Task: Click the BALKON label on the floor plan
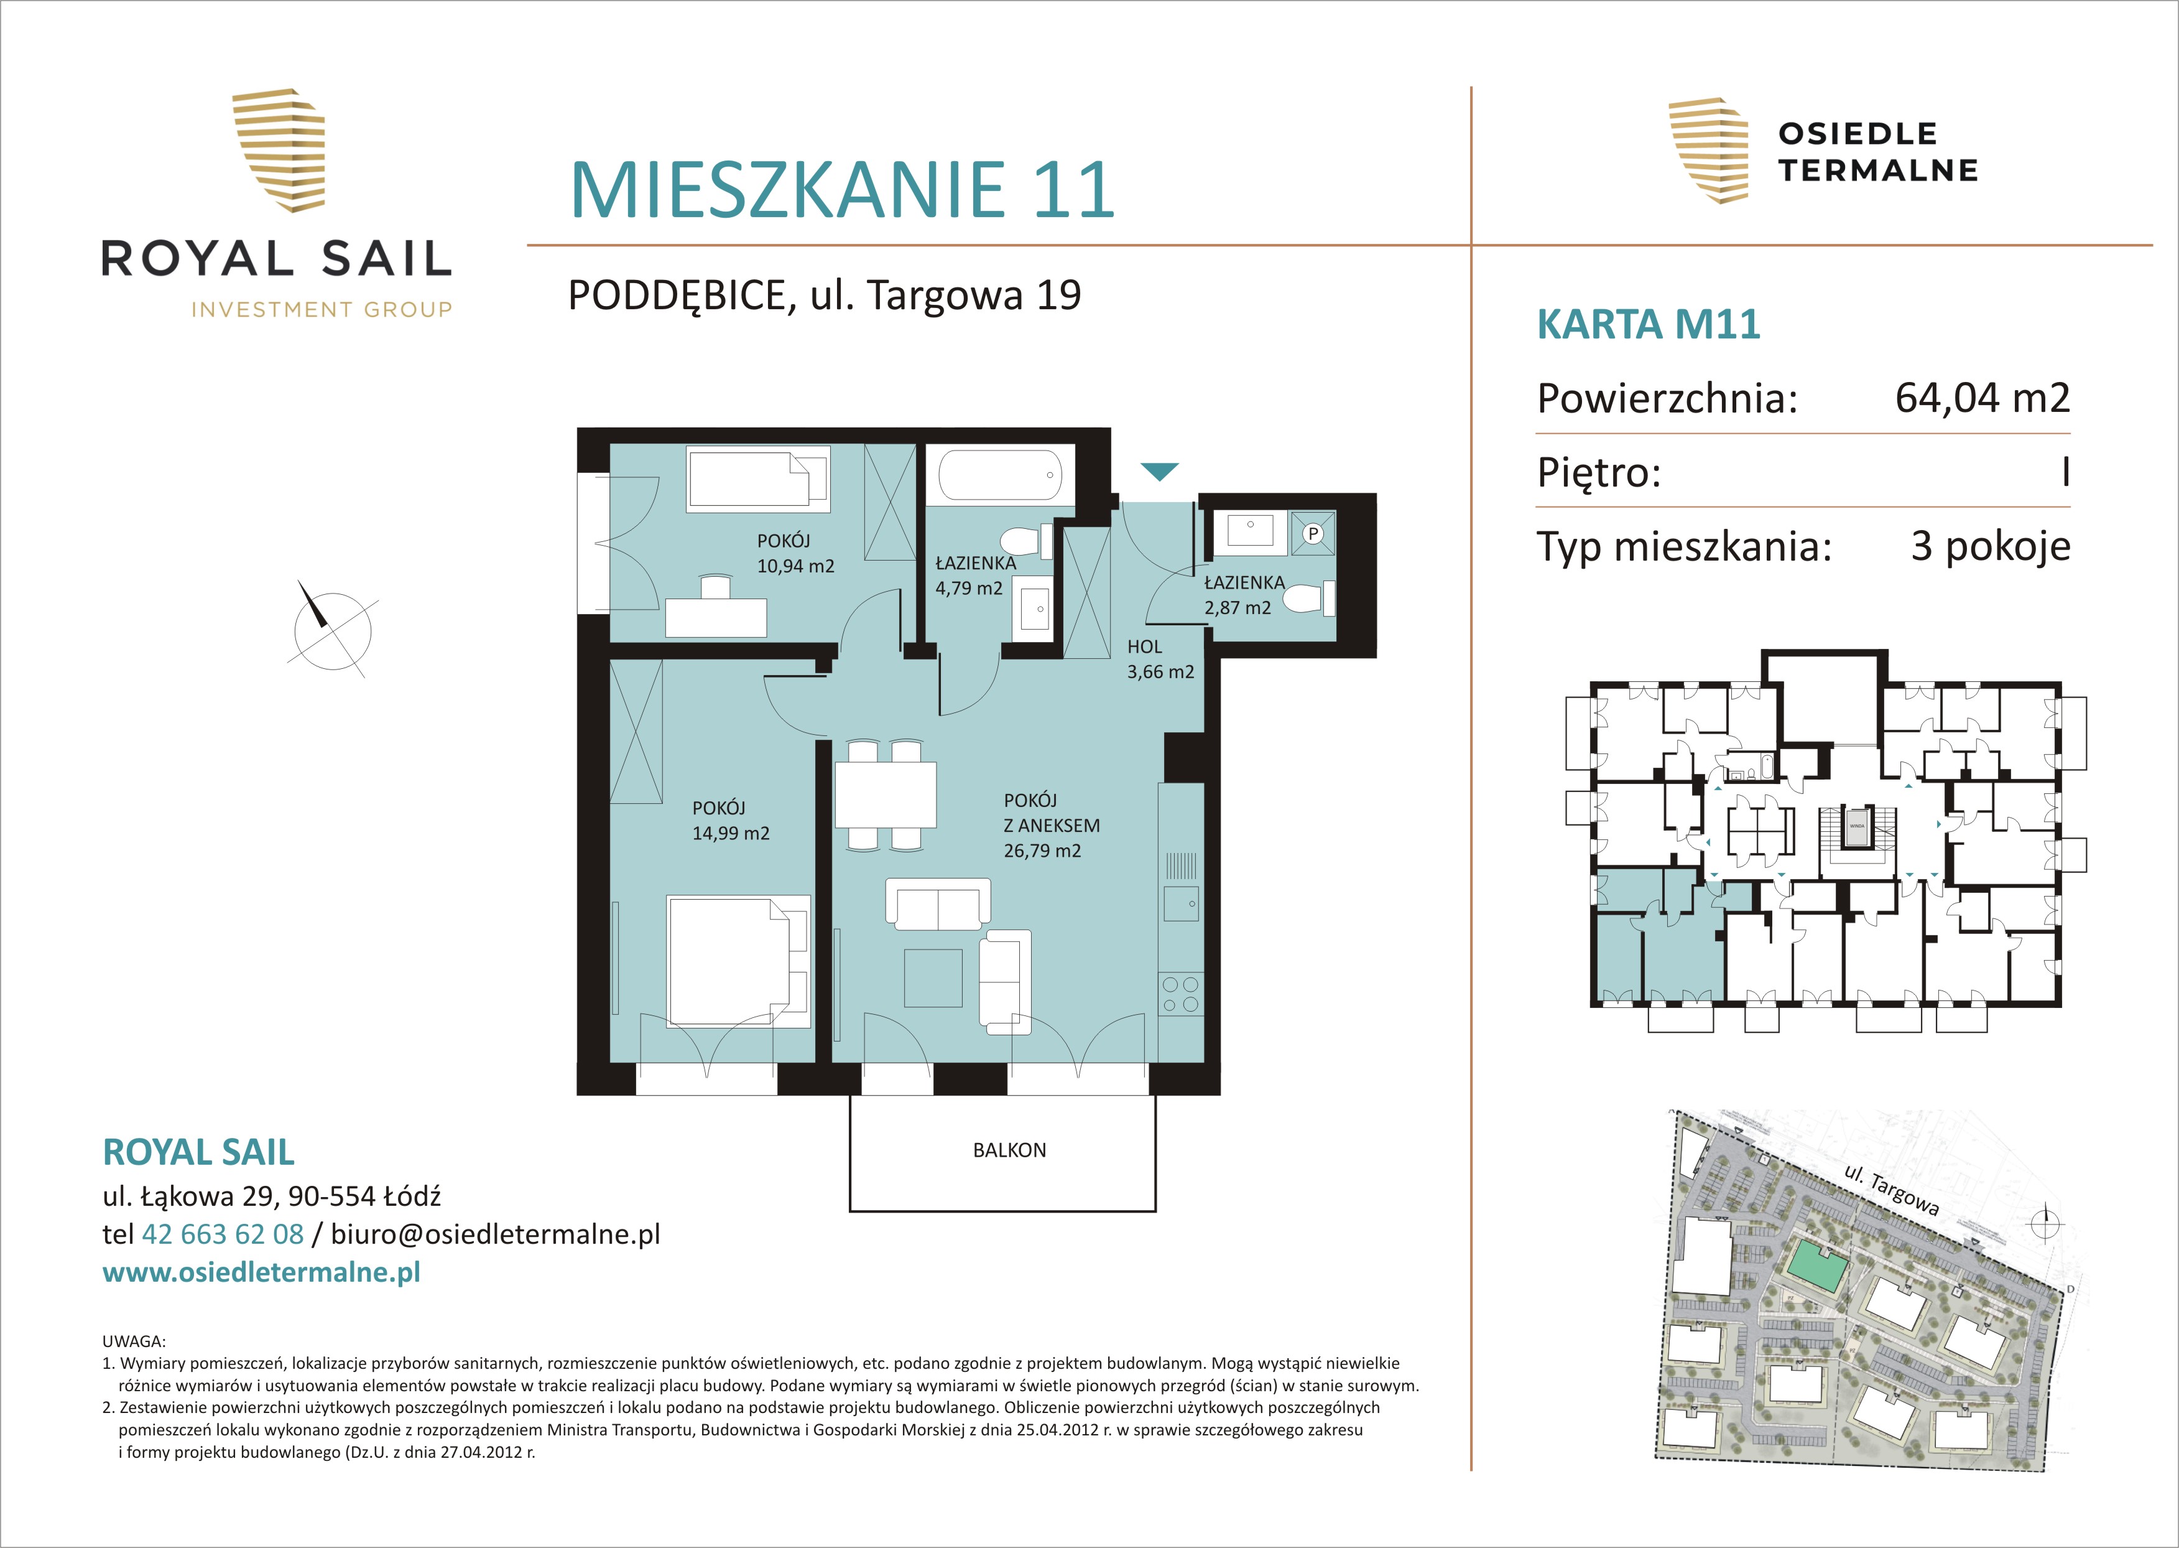pos(1009,1150)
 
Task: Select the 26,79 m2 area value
pos(1042,851)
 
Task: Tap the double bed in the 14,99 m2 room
pos(738,961)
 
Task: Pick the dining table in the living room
pos(885,795)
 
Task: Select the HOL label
pos(1144,646)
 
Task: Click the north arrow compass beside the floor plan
pos(331,628)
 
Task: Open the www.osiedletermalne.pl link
pos(261,1272)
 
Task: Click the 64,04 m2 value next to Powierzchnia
pos(1982,398)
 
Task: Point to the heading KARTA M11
pos(1649,324)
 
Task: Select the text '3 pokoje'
pos(1991,546)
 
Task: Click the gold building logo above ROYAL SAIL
pos(279,150)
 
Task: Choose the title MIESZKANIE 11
pos(842,190)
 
